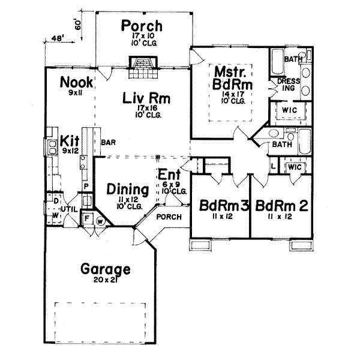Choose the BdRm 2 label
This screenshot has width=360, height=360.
coord(281,207)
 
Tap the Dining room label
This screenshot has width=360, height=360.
coord(128,189)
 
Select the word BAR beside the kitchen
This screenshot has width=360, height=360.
coord(108,143)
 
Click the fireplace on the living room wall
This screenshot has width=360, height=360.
coord(143,65)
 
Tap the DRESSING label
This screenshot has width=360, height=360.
coord(286,85)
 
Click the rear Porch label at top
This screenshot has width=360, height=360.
coord(142,26)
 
